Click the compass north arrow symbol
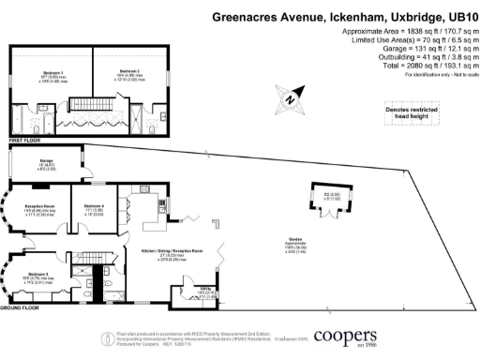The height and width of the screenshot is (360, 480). click(292, 96)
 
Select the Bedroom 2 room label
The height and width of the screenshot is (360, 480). click(128, 72)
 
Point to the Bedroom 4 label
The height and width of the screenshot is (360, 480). click(94, 206)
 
